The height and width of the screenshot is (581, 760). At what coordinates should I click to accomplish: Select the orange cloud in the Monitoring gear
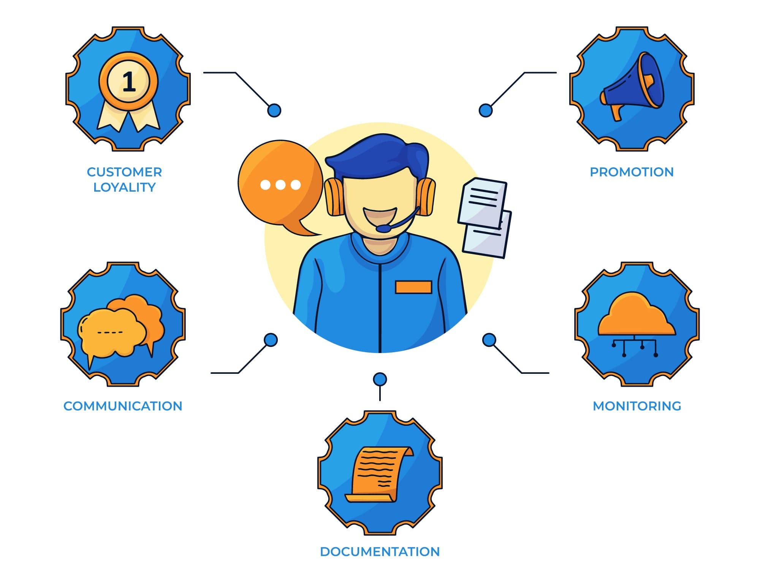pos(636,315)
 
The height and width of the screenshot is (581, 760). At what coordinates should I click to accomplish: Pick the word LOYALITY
pos(125,187)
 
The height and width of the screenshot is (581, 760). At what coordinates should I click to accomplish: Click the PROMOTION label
pos(632,172)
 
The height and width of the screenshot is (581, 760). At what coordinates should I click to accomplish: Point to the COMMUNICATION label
pos(123,406)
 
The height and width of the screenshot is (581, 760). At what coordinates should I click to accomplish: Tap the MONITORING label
pos(637,406)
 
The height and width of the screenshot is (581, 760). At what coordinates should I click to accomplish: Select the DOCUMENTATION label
pos(380,552)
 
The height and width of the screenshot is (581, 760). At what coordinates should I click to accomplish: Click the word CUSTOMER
pos(125,172)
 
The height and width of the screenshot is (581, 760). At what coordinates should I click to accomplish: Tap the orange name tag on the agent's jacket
pos(413,287)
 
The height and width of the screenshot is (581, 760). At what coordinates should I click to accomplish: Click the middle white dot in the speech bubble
pos(280,185)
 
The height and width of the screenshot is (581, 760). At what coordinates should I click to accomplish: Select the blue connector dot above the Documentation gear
pos(380,379)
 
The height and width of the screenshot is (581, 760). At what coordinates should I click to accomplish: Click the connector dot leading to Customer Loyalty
pos(274,110)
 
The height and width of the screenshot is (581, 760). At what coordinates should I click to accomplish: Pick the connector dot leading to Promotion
pos(485,110)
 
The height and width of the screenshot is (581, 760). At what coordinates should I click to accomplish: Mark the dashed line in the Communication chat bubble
pos(110,332)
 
